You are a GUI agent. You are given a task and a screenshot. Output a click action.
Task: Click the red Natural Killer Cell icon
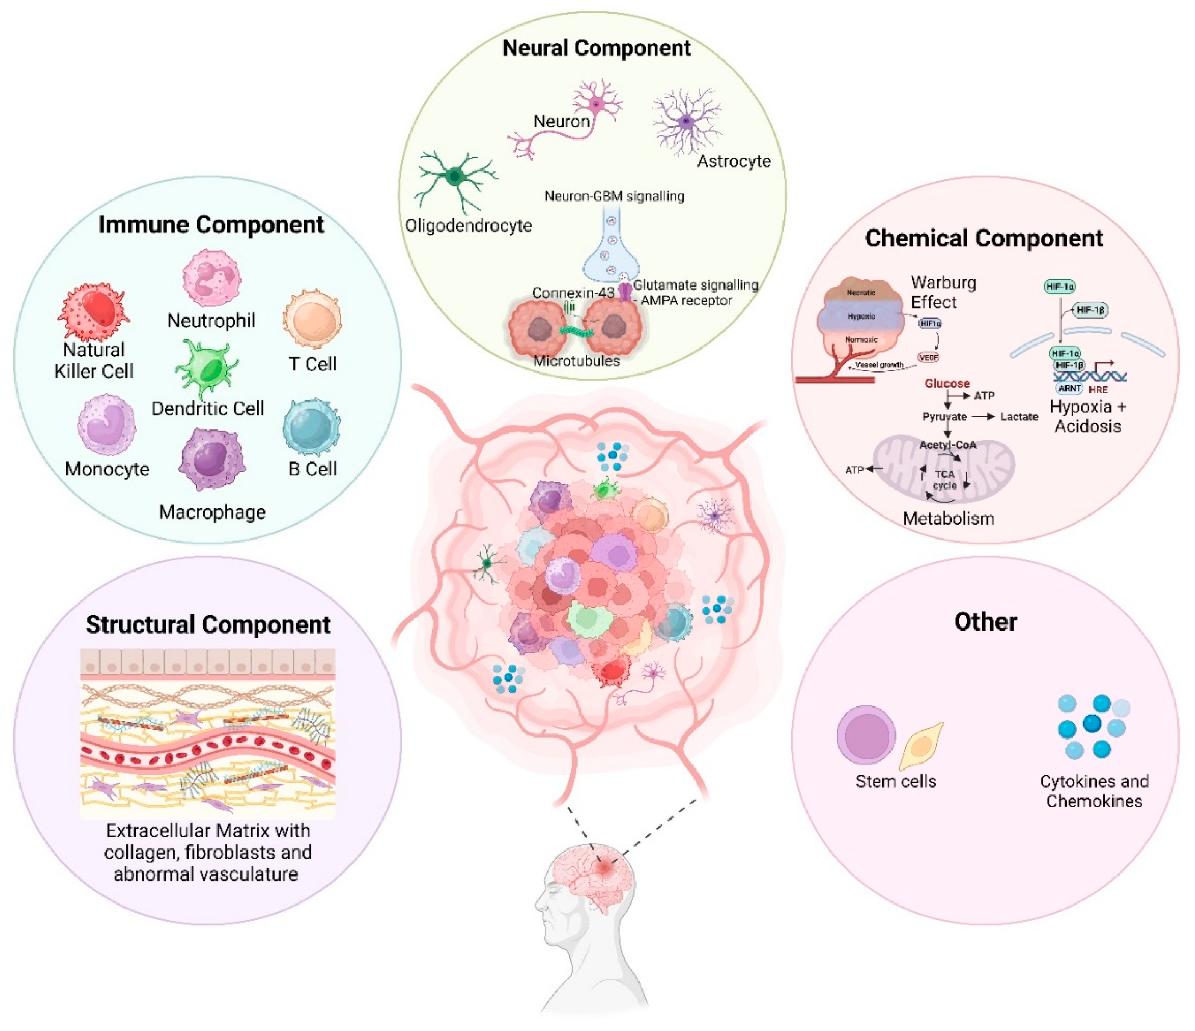point(93,311)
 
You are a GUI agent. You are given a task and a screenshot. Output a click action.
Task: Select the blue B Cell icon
point(312,427)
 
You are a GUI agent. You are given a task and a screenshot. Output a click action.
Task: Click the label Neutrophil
point(211,320)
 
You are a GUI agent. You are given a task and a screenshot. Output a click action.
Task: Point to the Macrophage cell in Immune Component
point(212,459)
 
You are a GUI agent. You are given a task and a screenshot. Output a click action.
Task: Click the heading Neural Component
point(596,48)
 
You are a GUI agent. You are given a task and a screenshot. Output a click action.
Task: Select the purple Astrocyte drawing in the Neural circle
point(686,121)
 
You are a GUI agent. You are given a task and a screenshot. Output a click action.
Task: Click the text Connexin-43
point(573,293)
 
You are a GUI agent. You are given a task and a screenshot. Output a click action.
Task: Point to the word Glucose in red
point(947,383)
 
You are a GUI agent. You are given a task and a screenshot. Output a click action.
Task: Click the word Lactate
point(1019,416)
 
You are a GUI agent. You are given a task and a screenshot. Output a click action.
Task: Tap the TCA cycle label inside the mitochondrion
point(945,479)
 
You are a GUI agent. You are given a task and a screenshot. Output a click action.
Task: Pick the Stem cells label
point(896,781)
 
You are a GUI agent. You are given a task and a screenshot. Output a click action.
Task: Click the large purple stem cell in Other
point(866,736)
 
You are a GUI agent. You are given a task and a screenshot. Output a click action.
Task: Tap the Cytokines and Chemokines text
point(1094,791)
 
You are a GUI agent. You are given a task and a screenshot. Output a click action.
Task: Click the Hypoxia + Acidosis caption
point(1088,416)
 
